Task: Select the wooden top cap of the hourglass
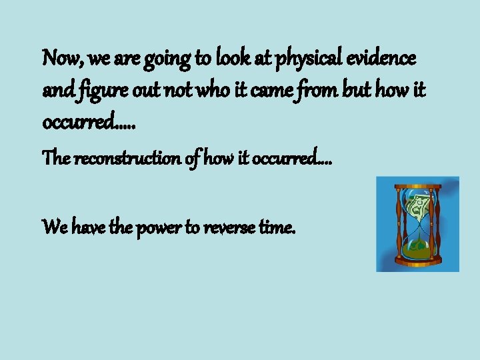(x=417, y=186)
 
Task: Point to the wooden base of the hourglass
(x=417, y=263)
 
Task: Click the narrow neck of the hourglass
(x=417, y=225)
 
